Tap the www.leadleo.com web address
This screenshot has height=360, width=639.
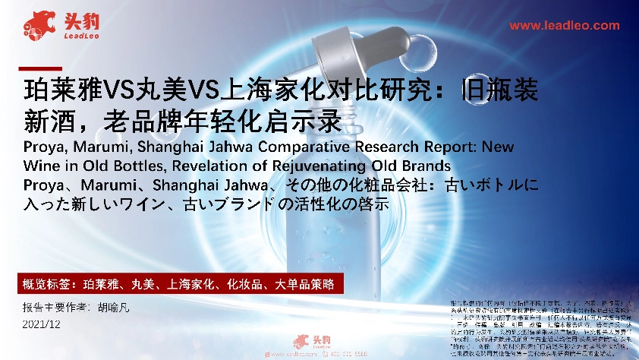pyautogui.click(x=564, y=25)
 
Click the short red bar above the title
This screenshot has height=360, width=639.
pyautogui.click(x=39, y=68)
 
